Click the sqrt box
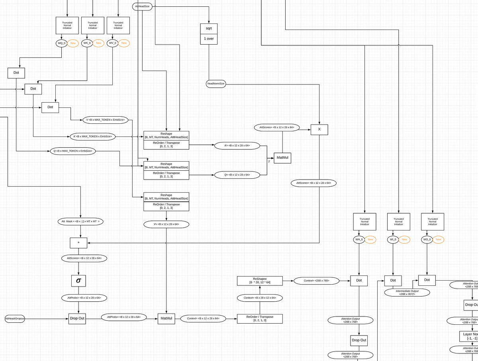[x=209, y=29]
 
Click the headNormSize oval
[x=216, y=84]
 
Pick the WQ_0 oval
[x=61, y=43]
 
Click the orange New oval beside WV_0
[x=124, y=43]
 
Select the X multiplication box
[x=319, y=129]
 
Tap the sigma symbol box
[x=78, y=281]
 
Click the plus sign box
[x=78, y=242]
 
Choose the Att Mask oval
[x=80, y=221]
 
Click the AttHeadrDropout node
[x=15, y=319]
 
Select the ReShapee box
[x=260, y=281]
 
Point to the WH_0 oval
[x=359, y=239]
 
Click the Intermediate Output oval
[x=407, y=293]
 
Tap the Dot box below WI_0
[x=393, y=281]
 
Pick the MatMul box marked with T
[x=282, y=158]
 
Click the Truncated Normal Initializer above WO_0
[x=432, y=222]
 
